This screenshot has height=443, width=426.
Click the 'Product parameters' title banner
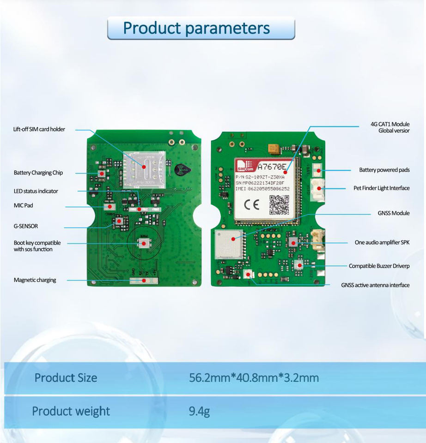(201, 28)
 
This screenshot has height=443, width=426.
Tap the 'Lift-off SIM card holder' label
(39, 129)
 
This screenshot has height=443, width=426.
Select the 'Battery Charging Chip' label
(38, 173)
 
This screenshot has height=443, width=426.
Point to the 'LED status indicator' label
(36, 191)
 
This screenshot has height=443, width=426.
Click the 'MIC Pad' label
(23, 205)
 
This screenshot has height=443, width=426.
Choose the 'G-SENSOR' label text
(26, 227)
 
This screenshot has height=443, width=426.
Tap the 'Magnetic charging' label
(35, 280)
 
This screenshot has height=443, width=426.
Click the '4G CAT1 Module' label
(390, 124)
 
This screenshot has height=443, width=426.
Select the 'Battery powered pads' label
(384, 170)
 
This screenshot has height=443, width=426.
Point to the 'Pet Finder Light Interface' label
(378, 188)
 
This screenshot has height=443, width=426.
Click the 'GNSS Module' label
(394, 213)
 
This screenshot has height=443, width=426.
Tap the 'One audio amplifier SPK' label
(382, 242)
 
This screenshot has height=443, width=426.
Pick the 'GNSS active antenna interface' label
(375, 285)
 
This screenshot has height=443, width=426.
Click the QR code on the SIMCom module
(279, 205)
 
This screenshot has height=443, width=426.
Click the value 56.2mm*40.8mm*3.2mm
(254, 378)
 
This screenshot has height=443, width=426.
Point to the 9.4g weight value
(199, 411)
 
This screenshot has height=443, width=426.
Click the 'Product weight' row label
(71, 411)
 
